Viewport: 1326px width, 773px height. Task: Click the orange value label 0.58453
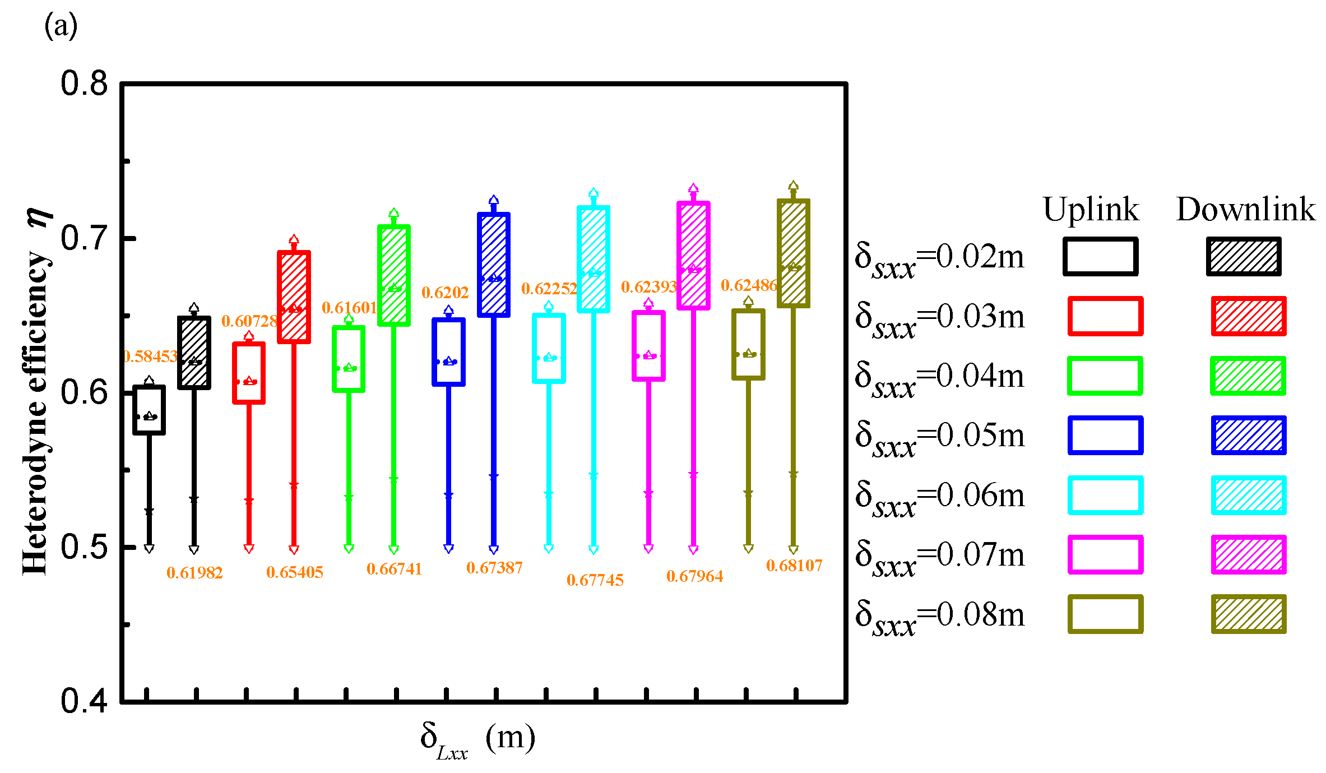click(150, 357)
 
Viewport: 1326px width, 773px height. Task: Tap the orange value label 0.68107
click(794, 566)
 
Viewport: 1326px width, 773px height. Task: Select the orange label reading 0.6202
click(444, 293)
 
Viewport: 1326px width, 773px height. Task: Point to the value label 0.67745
click(595, 580)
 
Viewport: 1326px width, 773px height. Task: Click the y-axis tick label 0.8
click(84, 84)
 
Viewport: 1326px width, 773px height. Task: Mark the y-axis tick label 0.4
click(84, 701)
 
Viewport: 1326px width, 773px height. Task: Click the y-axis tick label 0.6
click(84, 392)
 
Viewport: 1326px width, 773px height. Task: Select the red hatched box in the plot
click(294, 297)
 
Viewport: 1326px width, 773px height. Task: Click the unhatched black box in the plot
click(149, 410)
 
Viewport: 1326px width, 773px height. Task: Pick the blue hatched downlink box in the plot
click(494, 265)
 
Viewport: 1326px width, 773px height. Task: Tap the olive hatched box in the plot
click(793, 253)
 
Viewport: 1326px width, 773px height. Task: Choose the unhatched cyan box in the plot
click(549, 348)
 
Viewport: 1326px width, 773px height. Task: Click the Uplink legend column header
click(1091, 210)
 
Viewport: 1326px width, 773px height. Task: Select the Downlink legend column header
click(1245, 210)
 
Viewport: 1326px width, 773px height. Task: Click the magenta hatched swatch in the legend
click(1248, 554)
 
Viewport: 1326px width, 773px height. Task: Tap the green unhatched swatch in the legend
click(1105, 376)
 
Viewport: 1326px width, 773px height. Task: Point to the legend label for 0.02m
click(939, 258)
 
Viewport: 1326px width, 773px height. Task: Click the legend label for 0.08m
click(939, 616)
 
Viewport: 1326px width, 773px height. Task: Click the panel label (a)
click(61, 26)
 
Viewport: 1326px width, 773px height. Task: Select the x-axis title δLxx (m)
click(477, 739)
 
